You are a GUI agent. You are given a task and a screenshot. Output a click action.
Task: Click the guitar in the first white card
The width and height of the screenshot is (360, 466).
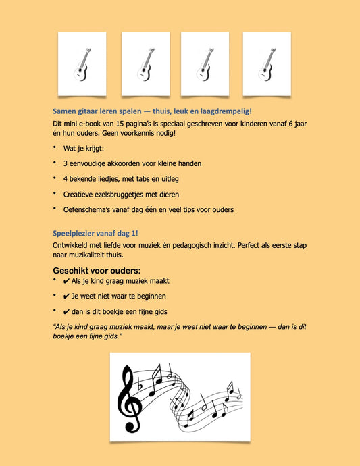tap(82, 64)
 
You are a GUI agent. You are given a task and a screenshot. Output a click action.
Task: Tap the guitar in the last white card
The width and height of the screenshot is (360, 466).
tap(267, 64)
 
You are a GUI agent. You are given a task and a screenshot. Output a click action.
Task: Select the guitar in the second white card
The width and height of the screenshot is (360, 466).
tap(146, 64)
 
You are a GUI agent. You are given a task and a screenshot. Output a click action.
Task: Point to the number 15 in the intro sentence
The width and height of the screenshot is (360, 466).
tap(116, 124)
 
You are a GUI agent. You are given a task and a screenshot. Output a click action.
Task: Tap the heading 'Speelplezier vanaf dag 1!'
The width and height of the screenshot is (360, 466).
tap(95, 233)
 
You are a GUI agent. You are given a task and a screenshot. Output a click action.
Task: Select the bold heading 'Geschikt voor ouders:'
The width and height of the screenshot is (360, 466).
tap(97, 271)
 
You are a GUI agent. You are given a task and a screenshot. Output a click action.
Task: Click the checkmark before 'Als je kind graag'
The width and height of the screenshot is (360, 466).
tap(67, 281)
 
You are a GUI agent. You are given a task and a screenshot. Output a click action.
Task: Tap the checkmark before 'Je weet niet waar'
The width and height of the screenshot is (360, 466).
tap(67, 296)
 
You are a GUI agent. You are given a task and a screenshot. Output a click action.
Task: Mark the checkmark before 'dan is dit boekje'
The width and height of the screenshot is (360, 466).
tap(67, 312)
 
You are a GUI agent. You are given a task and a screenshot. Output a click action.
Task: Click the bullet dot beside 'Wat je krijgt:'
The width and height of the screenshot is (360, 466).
tap(55, 147)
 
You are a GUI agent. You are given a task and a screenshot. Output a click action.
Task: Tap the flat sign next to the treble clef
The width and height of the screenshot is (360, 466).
tap(140, 386)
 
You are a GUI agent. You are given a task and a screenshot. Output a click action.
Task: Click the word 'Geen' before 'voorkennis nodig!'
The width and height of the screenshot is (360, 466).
tap(109, 133)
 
